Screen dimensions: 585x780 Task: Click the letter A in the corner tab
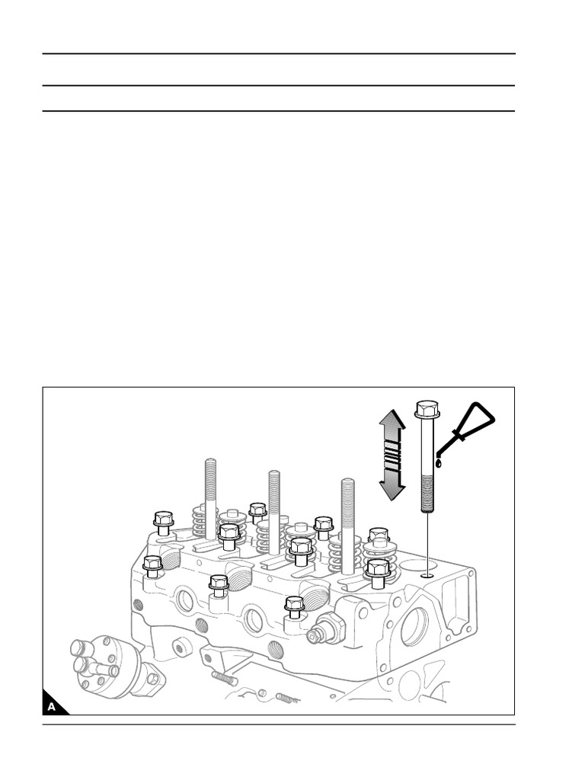pos(51,706)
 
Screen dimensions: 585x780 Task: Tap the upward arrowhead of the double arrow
pos(392,420)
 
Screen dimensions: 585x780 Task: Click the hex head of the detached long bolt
pos(427,409)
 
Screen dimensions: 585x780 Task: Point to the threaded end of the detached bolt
pos(427,494)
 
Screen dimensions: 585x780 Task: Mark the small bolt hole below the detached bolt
pos(427,576)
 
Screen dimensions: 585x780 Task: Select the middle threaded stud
pos(273,513)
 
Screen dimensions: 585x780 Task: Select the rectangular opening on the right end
pos(456,603)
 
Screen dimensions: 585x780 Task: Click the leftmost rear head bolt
pos(163,523)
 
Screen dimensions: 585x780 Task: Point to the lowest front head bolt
pos(295,606)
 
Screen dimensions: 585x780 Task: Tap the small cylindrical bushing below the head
pos(181,647)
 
